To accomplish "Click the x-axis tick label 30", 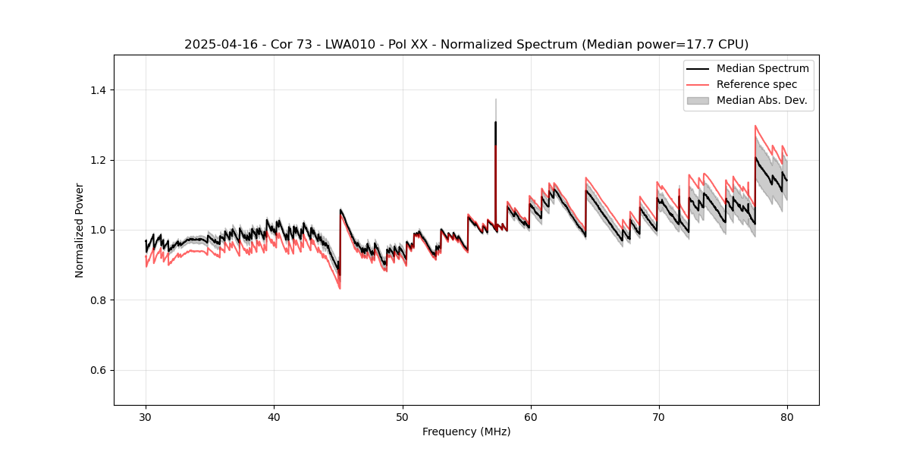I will pyautogui.click(x=146, y=417).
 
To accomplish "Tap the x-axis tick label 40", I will pyautogui.click(x=274, y=417).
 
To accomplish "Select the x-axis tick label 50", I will pyautogui.click(x=402, y=417).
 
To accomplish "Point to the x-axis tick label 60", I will pyautogui.click(x=531, y=417).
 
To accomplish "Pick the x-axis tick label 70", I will pyautogui.click(x=659, y=417).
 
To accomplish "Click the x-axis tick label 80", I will pyautogui.click(x=787, y=417).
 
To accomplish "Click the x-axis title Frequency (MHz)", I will pyautogui.click(x=466, y=432).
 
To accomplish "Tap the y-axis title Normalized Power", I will pyautogui.click(x=80, y=230).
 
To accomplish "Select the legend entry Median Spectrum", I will pyautogui.click(x=762, y=68).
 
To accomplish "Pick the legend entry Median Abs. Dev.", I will pyautogui.click(x=761, y=100).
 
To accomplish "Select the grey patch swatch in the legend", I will pyautogui.click(x=698, y=100).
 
